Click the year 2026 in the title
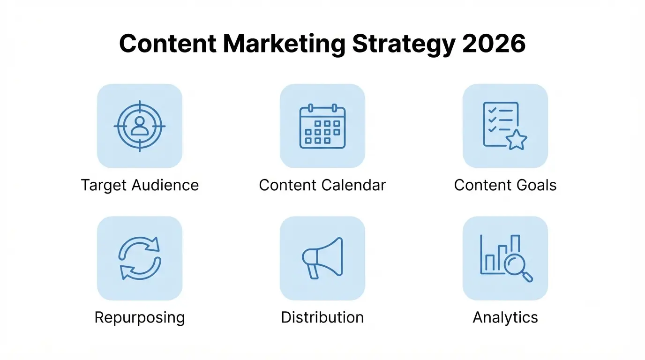494,44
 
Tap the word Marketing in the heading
284,44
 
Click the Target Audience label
140,185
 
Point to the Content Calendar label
322,185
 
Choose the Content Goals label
505,185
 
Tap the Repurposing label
140,318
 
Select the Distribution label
322,317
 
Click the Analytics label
505,318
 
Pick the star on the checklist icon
516,140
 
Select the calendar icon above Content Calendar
322,126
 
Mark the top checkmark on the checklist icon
492,110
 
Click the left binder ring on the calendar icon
310,108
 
